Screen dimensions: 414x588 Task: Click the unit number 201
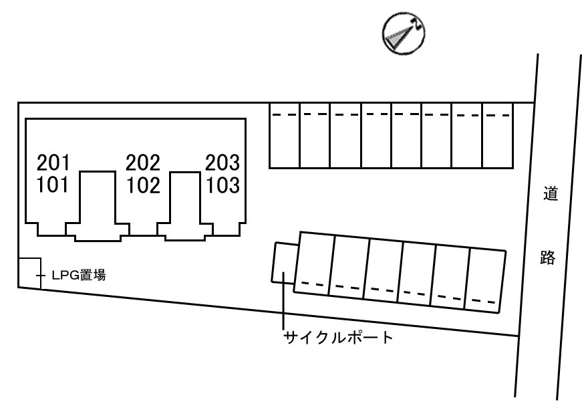pos(53,163)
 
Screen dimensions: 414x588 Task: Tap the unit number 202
pos(143,163)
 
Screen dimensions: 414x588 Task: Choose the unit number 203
pos(222,163)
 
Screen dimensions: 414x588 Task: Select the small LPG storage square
pos(29,274)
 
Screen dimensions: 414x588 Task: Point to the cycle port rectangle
pos(283,264)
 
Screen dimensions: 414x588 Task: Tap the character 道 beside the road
pos(549,196)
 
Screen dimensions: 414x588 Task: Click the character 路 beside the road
pos(548,257)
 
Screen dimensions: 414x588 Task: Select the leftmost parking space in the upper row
pos(284,135)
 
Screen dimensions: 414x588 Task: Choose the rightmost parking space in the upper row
pos(497,135)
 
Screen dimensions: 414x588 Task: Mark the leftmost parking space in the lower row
pos(315,263)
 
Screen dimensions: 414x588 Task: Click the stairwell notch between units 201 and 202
pos(98,201)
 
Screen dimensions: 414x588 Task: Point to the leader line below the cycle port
pos(284,308)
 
